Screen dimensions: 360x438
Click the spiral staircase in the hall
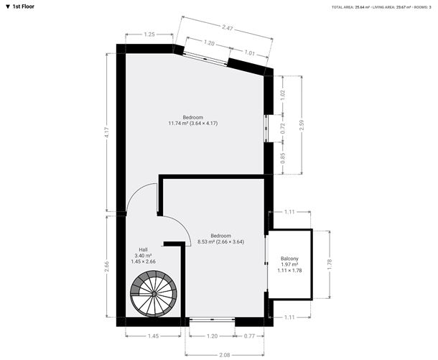pyautogui.click(x=153, y=295)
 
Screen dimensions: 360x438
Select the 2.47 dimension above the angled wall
pyautogui.click(x=227, y=28)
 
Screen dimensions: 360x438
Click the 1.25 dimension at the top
pyautogui.click(x=149, y=34)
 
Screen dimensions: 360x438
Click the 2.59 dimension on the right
pyautogui.click(x=301, y=124)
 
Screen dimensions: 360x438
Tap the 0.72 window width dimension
pyautogui.click(x=283, y=129)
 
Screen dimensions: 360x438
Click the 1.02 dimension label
pyautogui.click(x=283, y=93)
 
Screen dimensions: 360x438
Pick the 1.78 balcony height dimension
pyautogui.click(x=330, y=264)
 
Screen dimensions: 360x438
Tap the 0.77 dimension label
pyautogui.click(x=249, y=336)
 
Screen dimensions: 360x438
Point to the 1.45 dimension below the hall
pyautogui.click(x=152, y=336)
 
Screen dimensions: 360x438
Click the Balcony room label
pyautogui.click(x=289, y=259)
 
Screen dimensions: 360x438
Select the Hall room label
pyautogui.click(x=143, y=249)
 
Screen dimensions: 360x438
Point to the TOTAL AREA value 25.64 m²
pyautogui.click(x=366, y=7)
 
